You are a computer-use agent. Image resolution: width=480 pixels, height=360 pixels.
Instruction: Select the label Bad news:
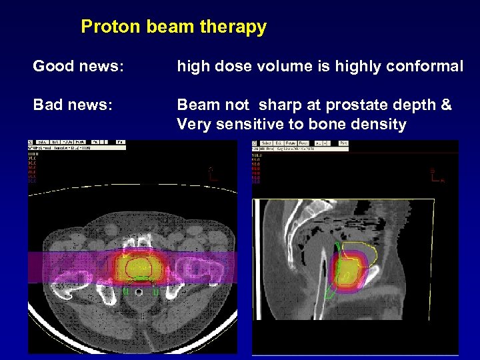[73, 105]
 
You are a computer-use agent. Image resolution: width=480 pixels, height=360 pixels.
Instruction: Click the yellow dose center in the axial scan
[137, 267]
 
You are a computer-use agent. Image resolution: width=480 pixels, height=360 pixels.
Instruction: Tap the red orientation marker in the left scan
[212, 174]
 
